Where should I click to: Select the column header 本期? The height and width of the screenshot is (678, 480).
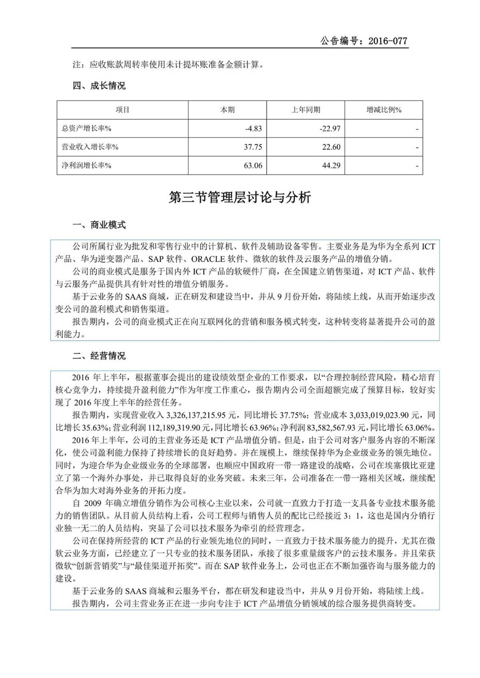click(228, 110)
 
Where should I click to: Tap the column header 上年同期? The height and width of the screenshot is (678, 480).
click(306, 110)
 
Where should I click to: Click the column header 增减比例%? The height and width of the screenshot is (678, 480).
click(384, 110)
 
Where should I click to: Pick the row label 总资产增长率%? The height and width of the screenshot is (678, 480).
click(86, 129)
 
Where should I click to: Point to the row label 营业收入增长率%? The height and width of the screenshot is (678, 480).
click(90, 147)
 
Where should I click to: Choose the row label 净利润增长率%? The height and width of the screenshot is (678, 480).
click(86, 165)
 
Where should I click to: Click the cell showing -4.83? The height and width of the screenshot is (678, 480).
click(254, 129)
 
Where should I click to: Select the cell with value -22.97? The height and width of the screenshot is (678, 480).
click(330, 129)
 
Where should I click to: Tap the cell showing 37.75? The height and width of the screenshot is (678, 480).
click(253, 147)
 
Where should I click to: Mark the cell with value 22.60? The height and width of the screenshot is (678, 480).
click(331, 147)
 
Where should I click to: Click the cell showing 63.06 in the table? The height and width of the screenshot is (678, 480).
click(253, 165)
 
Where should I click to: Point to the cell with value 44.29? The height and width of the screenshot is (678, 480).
click(331, 165)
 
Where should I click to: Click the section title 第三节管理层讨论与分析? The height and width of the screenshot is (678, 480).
click(240, 197)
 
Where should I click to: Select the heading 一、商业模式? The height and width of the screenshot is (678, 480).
click(99, 225)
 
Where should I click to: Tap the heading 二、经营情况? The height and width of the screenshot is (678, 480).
click(99, 356)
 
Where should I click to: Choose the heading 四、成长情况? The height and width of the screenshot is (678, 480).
click(99, 86)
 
